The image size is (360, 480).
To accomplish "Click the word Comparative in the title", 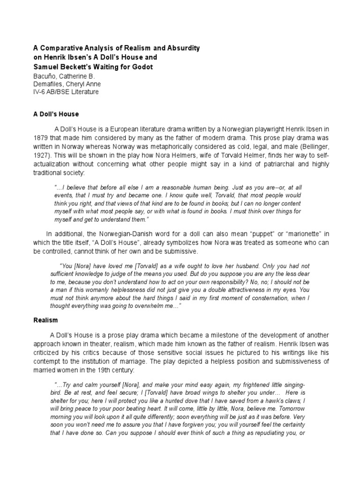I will point(61,48).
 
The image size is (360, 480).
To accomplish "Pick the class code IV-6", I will point(39,92).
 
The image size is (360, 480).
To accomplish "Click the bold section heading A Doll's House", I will point(55,114).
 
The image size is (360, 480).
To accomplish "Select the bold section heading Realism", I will point(45,320).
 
